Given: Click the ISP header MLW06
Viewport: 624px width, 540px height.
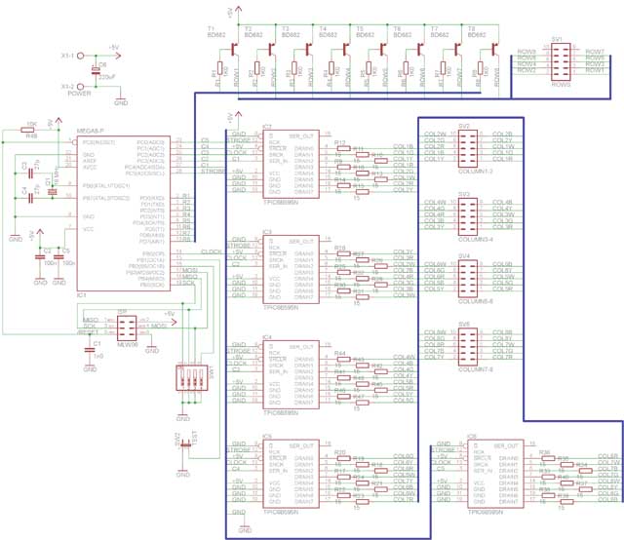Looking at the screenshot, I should pyautogui.click(x=123, y=298).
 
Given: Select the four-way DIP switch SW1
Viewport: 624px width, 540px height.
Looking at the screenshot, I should pyautogui.click(x=184, y=378).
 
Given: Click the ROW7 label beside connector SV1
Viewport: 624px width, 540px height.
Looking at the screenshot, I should pyautogui.click(x=595, y=51).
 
